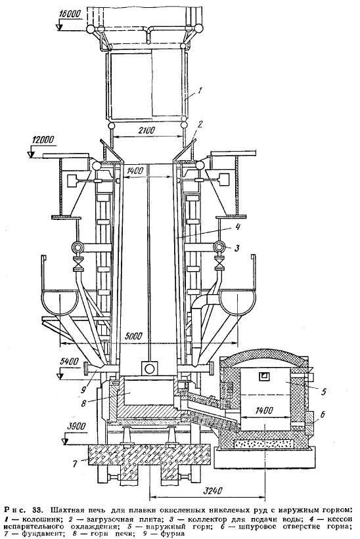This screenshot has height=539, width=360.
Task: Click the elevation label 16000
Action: tap(70, 14)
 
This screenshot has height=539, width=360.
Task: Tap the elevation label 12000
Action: tap(43, 140)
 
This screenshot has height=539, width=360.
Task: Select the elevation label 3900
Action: tap(76, 426)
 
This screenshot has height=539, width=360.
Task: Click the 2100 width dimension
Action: tap(148, 131)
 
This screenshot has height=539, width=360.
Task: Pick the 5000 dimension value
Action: tap(133, 336)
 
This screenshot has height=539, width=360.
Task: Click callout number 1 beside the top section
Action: tap(199, 91)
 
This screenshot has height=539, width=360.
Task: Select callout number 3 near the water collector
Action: tap(236, 248)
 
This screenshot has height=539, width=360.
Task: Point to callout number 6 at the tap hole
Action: tap(322, 415)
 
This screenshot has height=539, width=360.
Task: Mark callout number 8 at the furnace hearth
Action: tap(83, 402)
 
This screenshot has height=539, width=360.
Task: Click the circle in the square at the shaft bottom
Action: tap(150, 369)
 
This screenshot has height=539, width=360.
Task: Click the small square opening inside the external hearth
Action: tap(264, 376)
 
